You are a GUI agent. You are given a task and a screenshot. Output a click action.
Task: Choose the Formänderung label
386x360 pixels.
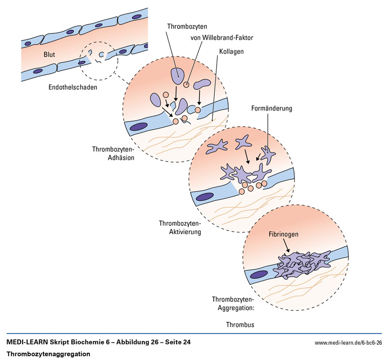click(x=272, y=109)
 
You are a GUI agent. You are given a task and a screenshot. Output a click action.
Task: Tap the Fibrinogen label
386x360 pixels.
click(x=284, y=234)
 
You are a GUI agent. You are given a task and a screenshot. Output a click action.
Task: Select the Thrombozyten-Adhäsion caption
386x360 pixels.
click(x=113, y=152)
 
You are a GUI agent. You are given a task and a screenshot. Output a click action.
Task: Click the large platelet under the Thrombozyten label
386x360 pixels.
click(x=177, y=75)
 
